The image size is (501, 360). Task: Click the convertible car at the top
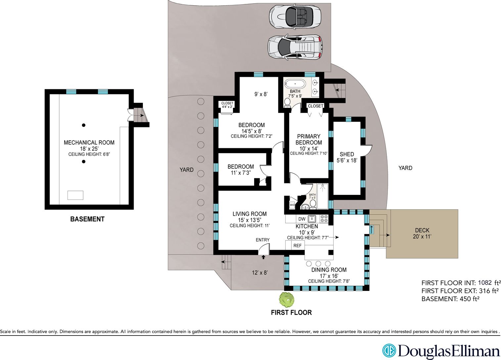pos(295,17)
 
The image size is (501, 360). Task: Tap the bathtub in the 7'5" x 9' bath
pos(295,84)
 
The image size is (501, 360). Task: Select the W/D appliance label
pos(292,205)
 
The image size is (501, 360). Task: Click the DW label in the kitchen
pos(302,219)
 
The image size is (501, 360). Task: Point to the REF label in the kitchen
pos(297,246)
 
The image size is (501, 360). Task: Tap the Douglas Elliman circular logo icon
pos(389,350)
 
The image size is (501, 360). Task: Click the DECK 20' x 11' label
pos(422,233)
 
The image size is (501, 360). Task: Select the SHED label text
pos(347,154)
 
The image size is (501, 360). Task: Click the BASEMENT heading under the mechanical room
pos(87,219)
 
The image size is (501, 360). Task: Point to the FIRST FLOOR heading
pos(292,312)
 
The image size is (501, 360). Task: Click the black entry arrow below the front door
pos(263,257)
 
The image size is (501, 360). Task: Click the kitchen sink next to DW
pos(312,218)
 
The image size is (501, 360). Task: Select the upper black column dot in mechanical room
pos(84,125)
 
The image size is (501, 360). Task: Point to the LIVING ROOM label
pos(250,214)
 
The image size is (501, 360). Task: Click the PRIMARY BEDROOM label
pos(309,139)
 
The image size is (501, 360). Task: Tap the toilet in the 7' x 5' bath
pos(313,204)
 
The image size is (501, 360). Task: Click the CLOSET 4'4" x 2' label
pos(227,105)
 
